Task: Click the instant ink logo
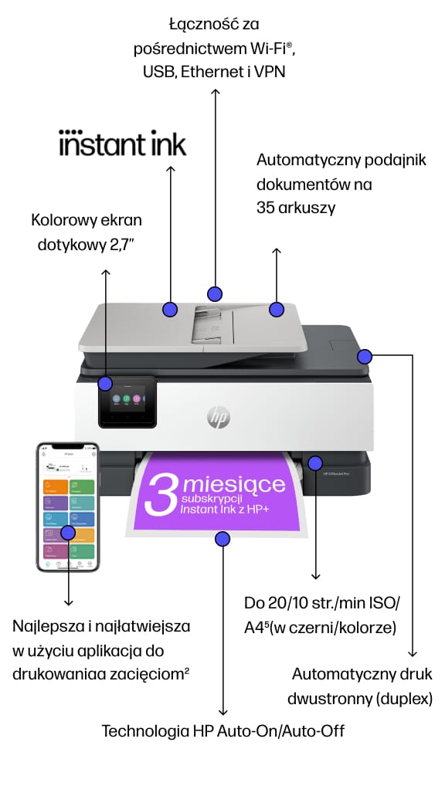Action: click(x=123, y=144)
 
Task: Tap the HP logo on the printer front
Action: click(x=219, y=418)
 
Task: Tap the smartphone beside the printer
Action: click(x=68, y=507)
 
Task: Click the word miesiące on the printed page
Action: click(x=234, y=485)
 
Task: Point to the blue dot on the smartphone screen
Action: click(x=68, y=532)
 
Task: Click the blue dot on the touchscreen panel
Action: click(x=106, y=383)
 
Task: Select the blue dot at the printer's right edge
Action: click(x=365, y=356)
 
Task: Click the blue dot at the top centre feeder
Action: click(x=215, y=293)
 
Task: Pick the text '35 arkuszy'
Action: click(x=296, y=208)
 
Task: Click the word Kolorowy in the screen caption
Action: click(x=62, y=220)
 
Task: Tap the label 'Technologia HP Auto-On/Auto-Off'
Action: click(x=223, y=730)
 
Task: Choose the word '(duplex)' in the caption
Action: click(x=404, y=699)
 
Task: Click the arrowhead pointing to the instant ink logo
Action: click(x=170, y=168)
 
